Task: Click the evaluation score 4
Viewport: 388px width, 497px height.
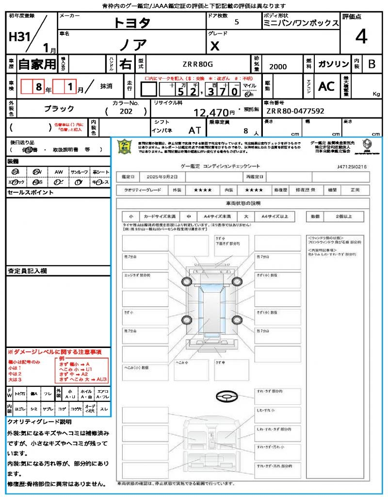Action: (360, 37)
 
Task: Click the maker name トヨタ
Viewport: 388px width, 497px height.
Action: (132, 22)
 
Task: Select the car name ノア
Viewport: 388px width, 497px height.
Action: (132, 45)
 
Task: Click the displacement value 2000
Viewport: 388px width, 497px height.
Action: (277, 66)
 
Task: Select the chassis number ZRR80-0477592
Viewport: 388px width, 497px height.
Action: (294, 111)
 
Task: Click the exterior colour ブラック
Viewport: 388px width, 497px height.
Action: (59, 109)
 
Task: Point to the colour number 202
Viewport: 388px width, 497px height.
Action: (126, 111)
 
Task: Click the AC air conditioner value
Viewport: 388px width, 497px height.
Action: (326, 86)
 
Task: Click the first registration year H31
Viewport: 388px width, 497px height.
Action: (19, 37)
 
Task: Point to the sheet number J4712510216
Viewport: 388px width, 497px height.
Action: (351, 166)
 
